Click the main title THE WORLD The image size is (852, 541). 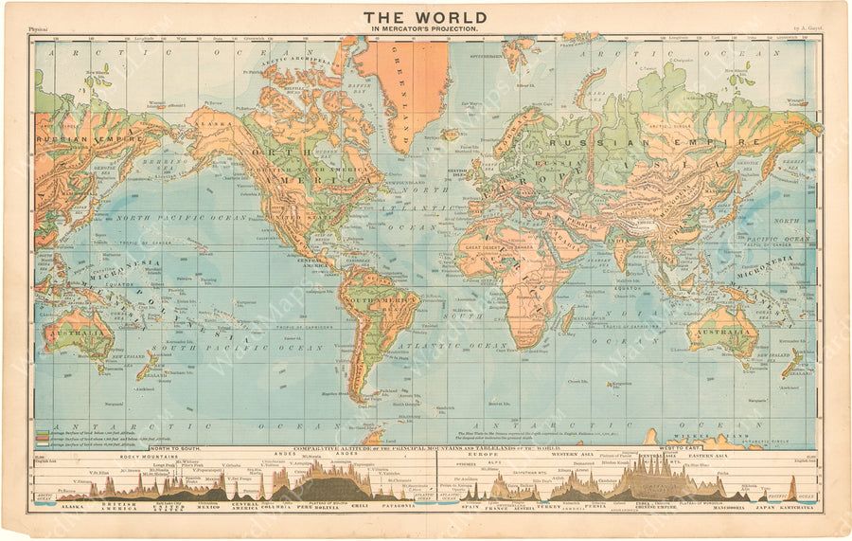tap(425, 17)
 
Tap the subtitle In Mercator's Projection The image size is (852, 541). tap(425, 29)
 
